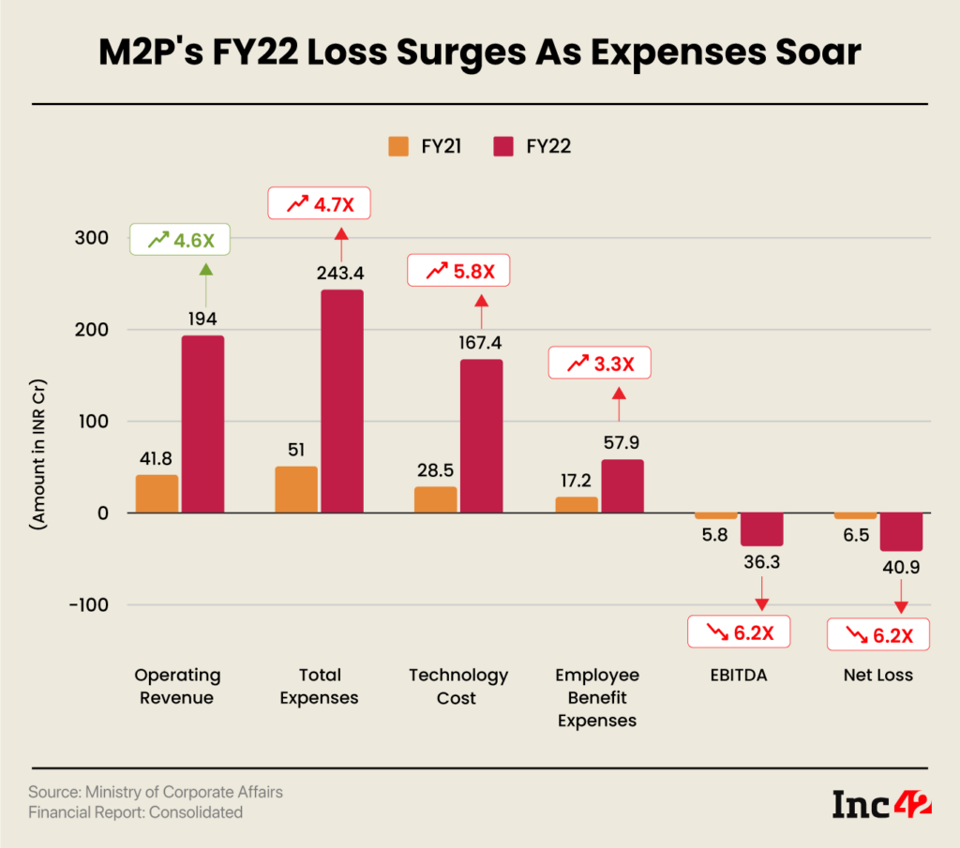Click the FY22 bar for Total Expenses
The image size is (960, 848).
(341, 401)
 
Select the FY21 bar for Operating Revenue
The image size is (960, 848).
(157, 494)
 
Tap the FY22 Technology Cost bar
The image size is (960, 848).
(481, 436)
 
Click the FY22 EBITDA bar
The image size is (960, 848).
(761, 529)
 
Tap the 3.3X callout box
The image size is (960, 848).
(598, 364)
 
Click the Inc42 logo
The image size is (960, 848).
(880, 804)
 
